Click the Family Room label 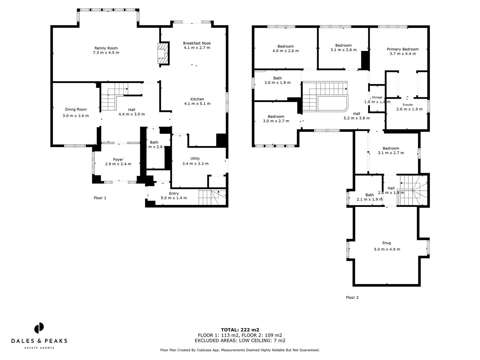(x=106, y=48)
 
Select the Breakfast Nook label (x=197, y=43)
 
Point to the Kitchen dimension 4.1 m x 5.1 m (x=197, y=104)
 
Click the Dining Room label (x=76, y=109)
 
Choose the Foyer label (x=118, y=159)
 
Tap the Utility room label (x=195, y=158)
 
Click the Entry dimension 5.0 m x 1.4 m (x=174, y=198)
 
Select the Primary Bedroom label (x=402, y=49)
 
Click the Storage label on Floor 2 (x=377, y=97)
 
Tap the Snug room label (x=387, y=243)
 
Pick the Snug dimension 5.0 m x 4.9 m (x=387, y=249)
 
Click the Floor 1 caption (x=100, y=198)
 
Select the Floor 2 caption (x=352, y=298)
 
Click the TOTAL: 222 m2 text (x=240, y=330)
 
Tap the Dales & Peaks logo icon (x=39, y=328)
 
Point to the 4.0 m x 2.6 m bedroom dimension (x=285, y=51)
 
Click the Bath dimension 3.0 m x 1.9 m (x=277, y=83)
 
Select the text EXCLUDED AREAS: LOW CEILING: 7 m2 (x=240, y=341)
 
